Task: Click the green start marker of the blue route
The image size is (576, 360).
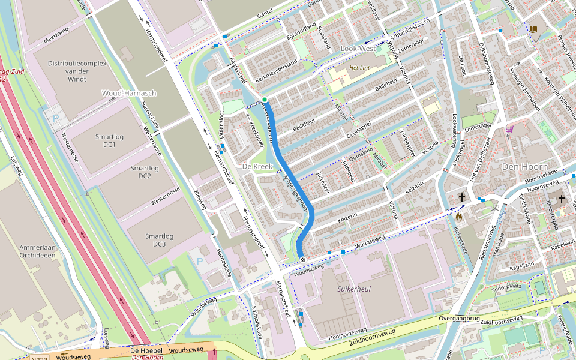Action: tap(264, 99)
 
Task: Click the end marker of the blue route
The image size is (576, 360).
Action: tap(303, 260)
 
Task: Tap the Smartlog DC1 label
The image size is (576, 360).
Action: tap(109, 141)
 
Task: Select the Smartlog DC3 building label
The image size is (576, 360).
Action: tap(159, 240)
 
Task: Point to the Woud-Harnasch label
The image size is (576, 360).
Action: tap(129, 93)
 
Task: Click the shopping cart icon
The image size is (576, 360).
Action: tap(510, 128)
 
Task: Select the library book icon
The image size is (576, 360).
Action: tap(533, 28)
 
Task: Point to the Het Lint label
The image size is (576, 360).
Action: tap(360, 68)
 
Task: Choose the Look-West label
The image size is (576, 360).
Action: tap(358, 48)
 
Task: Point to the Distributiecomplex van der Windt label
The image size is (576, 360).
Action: tap(76, 71)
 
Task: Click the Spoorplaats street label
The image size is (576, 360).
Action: tap(506, 288)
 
